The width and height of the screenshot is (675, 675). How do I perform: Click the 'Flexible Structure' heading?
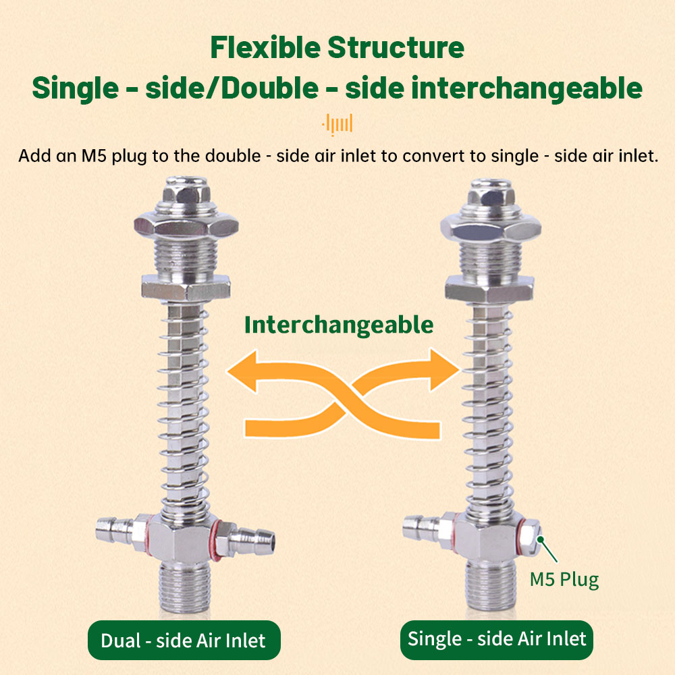(x=337, y=47)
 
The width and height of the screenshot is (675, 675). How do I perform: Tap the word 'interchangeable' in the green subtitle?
(x=527, y=88)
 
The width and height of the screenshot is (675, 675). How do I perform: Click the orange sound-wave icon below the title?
(x=337, y=124)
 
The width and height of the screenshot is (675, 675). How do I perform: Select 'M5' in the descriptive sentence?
(x=94, y=156)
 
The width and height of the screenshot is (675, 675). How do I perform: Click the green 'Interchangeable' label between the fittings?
(x=339, y=325)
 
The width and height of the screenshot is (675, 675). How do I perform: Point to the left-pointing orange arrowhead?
(x=242, y=371)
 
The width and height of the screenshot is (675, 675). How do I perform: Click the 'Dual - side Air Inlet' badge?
(x=184, y=640)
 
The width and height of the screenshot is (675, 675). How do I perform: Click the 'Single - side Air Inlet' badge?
(x=497, y=639)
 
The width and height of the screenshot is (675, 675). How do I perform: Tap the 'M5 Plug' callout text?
(x=564, y=579)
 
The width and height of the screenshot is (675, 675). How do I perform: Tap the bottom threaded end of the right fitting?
(x=491, y=585)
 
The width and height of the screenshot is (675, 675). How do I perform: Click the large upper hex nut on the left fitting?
(x=186, y=225)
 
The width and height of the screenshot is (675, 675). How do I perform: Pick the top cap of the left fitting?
(x=186, y=193)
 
